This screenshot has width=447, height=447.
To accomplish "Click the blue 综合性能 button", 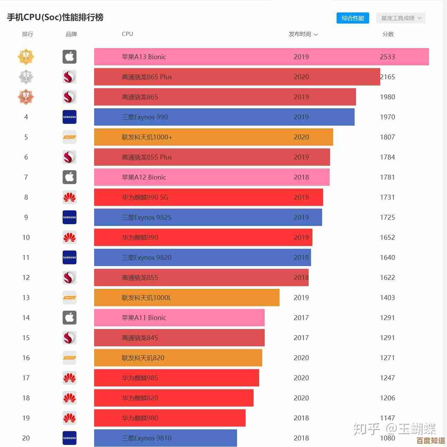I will click(353, 18).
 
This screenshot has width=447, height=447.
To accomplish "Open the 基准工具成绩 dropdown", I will click(401, 18).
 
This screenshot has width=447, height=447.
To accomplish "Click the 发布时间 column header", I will click(303, 34).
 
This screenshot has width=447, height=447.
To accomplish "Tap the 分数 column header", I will click(388, 34).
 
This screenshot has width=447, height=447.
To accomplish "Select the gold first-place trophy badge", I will click(26, 57).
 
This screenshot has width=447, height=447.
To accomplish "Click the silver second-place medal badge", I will click(26, 77).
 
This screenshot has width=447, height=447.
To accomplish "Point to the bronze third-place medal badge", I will click(26, 97).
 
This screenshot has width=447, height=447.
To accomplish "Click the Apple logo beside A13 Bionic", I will click(70, 57).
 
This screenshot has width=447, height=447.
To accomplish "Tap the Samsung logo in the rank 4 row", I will click(70, 117).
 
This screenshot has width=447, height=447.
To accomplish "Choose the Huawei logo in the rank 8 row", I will click(70, 197).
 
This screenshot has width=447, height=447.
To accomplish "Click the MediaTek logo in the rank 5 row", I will click(70, 137).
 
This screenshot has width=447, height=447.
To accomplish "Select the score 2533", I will click(387, 57).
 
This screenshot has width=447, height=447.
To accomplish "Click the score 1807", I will click(387, 137).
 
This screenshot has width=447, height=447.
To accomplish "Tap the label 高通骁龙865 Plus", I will click(147, 77).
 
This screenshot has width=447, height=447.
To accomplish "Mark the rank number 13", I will click(26, 298).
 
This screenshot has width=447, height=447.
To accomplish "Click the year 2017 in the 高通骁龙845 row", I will click(301, 338).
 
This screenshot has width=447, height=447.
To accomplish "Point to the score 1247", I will click(387, 378).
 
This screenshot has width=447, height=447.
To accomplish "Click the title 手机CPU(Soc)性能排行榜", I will click(55, 17).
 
